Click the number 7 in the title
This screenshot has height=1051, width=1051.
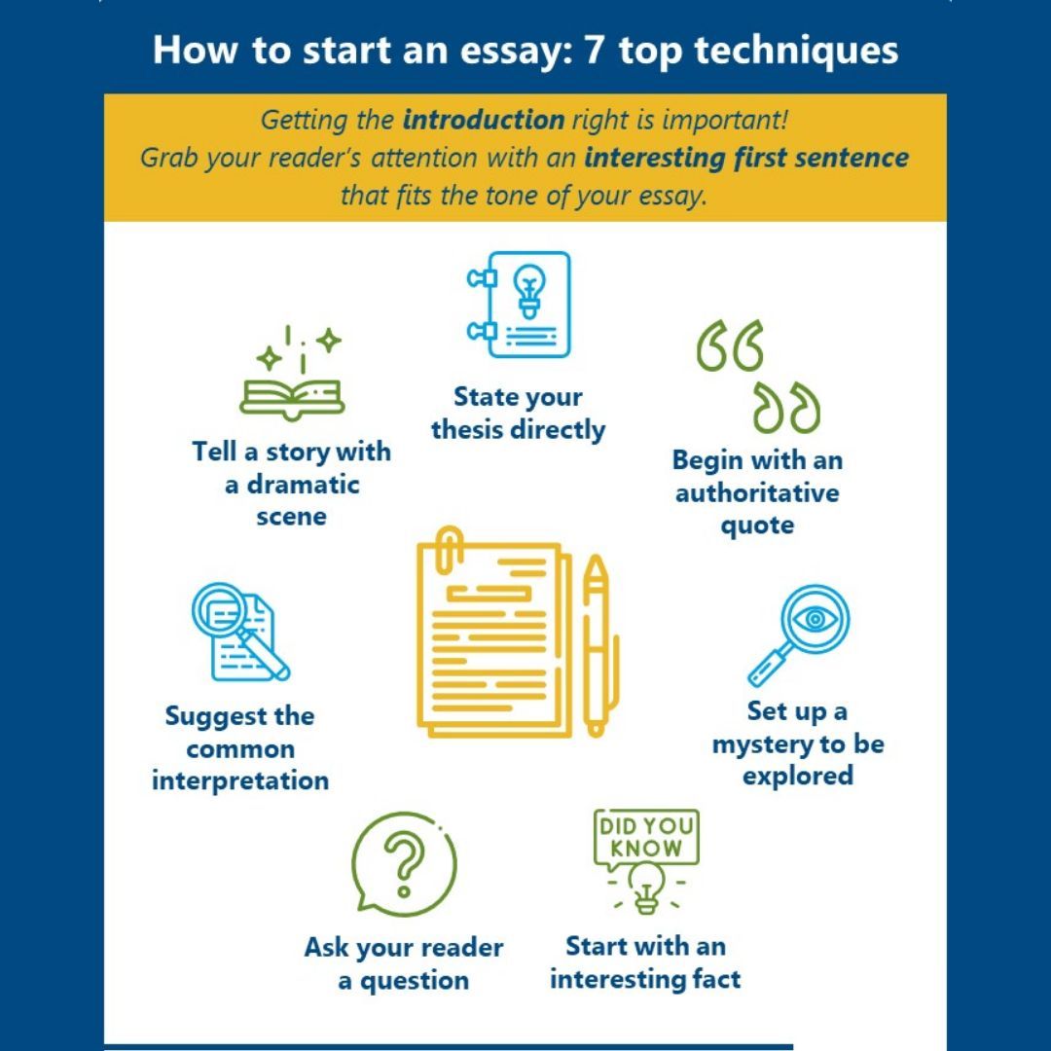[x=593, y=51]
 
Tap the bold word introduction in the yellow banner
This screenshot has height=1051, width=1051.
[x=484, y=120]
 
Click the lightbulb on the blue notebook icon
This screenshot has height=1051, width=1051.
[x=529, y=291]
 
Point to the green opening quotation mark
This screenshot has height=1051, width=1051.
[x=729, y=345]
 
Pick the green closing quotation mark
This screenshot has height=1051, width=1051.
[x=786, y=408]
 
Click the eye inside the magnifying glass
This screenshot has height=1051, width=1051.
[x=815, y=619]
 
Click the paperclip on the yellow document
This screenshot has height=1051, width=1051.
[x=450, y=551]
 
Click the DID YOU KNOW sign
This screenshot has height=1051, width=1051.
[x=646, y=838]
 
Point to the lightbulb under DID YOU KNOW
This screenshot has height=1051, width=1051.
[x=646, y=887]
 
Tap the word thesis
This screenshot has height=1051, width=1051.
[x=468, y=429]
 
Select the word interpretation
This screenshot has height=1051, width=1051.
[x=240, y=780]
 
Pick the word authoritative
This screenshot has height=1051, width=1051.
[x=757, y=492]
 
